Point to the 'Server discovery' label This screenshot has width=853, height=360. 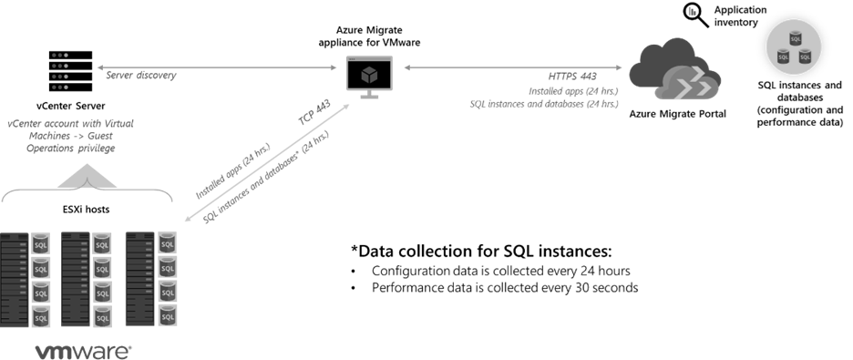[x=141, y=77]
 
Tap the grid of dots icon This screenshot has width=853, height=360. [x=60, y=67]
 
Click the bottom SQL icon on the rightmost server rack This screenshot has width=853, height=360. [x=167, y=316]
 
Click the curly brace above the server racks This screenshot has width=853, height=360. [x=87, y=194]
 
